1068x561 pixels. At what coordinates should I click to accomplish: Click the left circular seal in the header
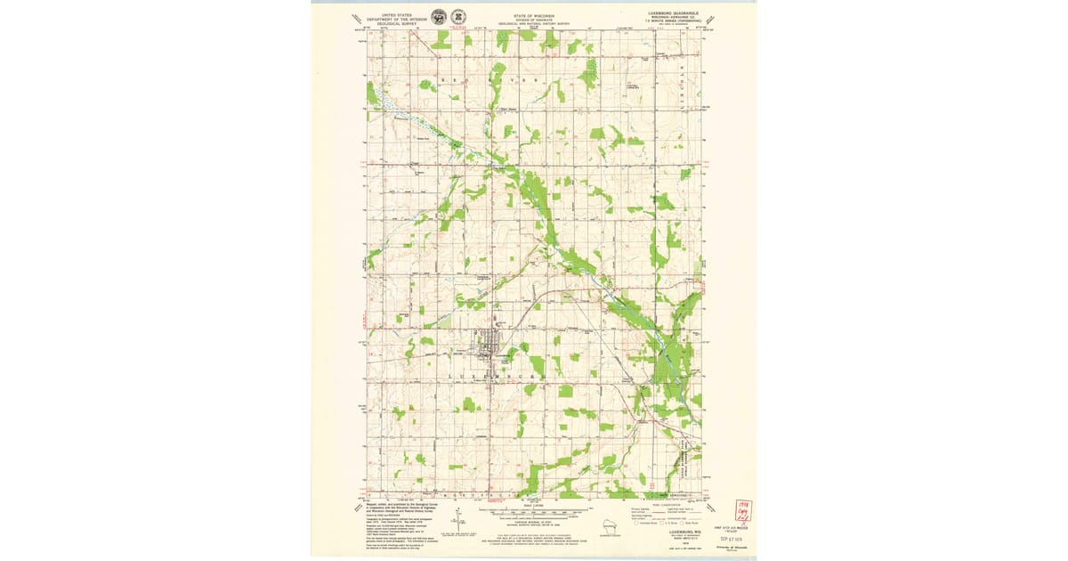tap(439, 17)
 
